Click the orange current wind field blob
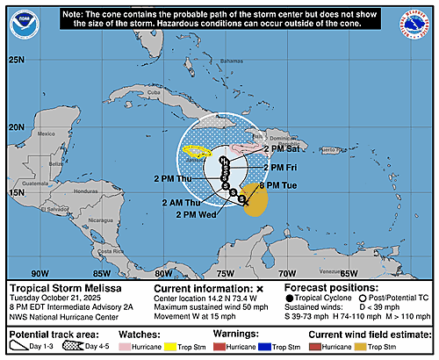tap(255, 202)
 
